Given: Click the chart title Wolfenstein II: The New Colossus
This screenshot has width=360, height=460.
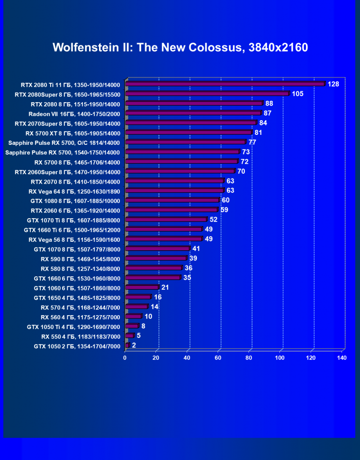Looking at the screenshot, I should pos(180,47).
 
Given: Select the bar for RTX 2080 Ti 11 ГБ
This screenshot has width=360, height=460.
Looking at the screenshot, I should pos(225,84).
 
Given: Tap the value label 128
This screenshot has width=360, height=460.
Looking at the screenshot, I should pos(333,84).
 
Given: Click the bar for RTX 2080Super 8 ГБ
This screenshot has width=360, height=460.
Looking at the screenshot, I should pos(207,94).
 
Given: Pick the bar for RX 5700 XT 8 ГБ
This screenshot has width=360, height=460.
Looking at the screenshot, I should pos(189,133).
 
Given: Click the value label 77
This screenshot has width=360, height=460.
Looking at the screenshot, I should pos(252,142).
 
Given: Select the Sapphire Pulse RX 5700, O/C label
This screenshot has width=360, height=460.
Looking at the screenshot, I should pos(64,142).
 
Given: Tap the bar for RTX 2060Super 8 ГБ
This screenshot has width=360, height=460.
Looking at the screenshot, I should pos(180,171).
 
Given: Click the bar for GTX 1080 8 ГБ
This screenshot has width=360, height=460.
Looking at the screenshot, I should pos(172,200).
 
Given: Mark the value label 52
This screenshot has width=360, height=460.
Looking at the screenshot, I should pos(214,220).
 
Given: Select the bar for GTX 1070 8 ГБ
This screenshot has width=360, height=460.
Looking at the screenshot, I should pos(157,248).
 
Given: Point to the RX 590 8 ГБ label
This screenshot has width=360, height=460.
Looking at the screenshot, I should pos(81,259).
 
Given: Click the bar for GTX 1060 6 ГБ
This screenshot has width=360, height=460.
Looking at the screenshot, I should pos(142,287).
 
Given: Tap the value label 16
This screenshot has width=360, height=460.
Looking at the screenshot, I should pos(158,297).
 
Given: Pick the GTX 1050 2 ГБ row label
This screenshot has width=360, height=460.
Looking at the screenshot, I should pos(77,346).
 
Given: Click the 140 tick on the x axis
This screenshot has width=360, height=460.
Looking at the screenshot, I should pos(342,358).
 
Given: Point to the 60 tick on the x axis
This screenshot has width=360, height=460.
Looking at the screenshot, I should pos(218,358).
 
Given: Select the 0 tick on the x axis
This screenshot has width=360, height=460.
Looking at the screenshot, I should pos(125,358).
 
